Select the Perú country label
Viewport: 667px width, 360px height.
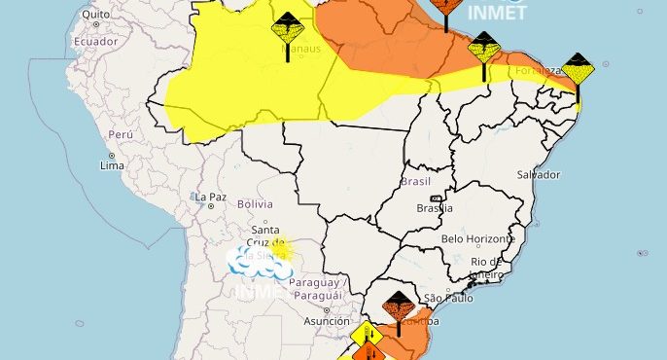(x=120, y=134)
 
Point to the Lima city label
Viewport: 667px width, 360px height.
(x=112, y=166)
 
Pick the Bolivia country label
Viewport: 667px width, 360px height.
(x=254, y=204)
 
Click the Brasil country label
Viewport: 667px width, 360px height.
(x=416, y=181)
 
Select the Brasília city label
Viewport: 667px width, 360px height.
(x=433, y=207)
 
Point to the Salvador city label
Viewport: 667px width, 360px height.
(x=540, y=175)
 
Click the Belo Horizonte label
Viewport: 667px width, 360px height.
(x=477, y=239)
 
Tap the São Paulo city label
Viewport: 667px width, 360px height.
(x=447, y=298)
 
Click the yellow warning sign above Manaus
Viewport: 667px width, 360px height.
(x=287, y=27)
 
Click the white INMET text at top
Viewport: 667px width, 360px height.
(x=497, y=14)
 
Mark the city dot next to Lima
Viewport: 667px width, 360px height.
(x=112, y=155)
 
